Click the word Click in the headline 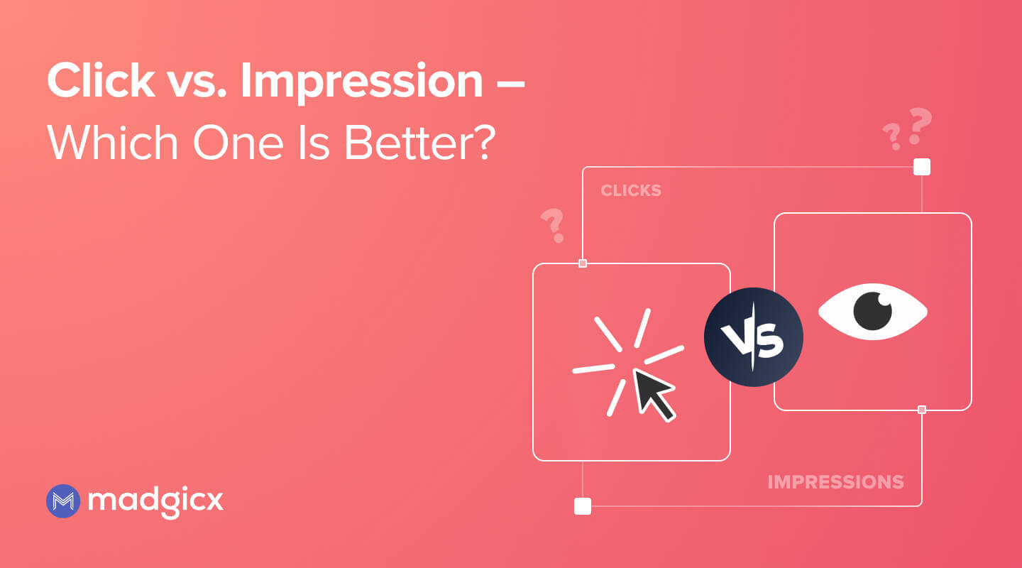101,81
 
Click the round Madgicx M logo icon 62,501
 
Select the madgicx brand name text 156,501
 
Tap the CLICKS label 631,190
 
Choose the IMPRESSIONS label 835,482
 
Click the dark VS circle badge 753,337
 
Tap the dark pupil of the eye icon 872,311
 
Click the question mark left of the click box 552,224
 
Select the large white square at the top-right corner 921,167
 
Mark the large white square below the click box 582,506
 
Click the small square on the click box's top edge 583,263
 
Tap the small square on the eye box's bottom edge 921,410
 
